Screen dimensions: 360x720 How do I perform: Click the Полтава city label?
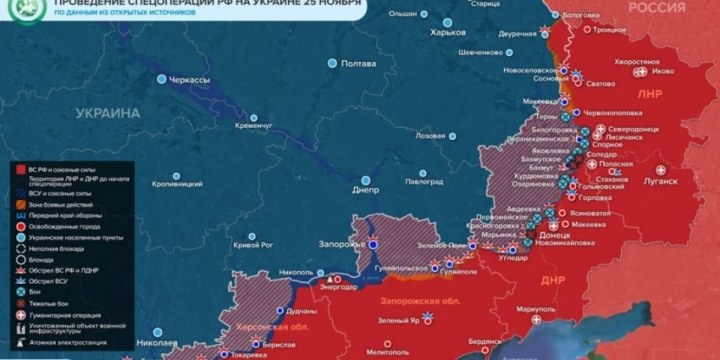(357, 64)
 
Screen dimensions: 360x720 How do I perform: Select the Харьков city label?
(448, 32)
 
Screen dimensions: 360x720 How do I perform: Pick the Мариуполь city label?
(535, 308)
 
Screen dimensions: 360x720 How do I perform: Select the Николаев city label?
(157, 343)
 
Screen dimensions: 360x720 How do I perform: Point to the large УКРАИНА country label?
(108, 113)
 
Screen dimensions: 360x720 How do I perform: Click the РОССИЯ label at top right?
(656, 8)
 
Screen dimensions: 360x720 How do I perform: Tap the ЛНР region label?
(650, 94)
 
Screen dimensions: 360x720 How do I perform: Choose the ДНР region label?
(552, 279)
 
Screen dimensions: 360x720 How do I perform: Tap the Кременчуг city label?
(254, 125)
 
